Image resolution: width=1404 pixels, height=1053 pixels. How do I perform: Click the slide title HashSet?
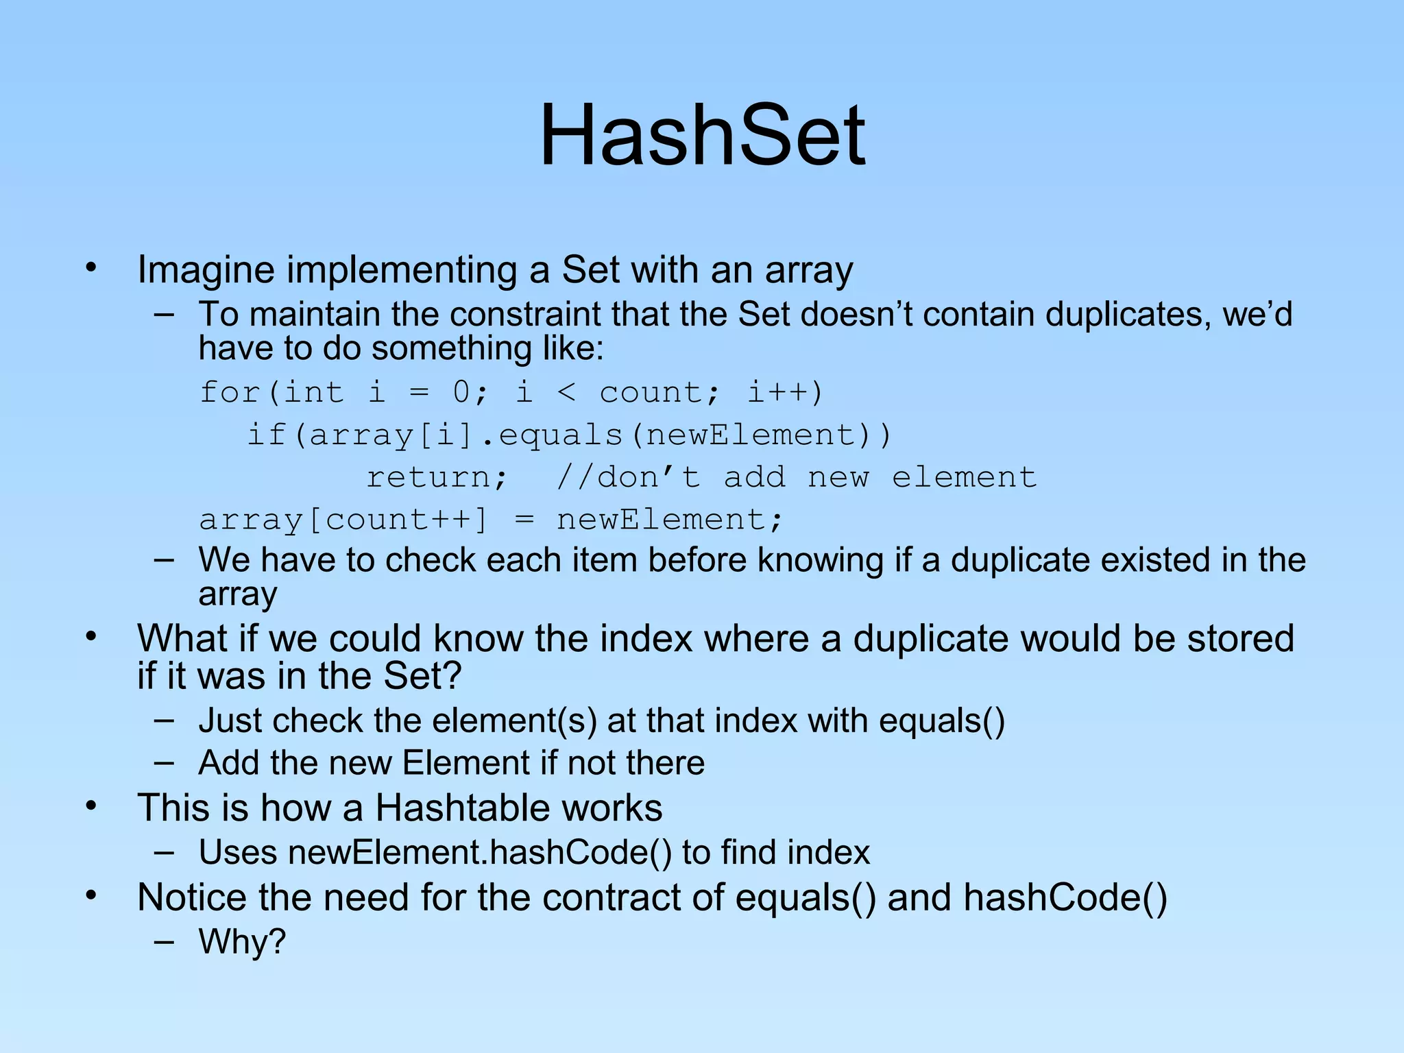(x=702, y=135)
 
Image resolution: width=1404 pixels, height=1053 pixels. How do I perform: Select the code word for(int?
(x=271, y=393)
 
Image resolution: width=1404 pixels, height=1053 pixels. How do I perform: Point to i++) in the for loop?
(x=784, y=393)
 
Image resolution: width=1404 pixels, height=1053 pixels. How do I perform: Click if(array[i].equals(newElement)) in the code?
(x=569, y=435)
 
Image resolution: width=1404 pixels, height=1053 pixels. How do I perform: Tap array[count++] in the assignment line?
(x=343, y=520)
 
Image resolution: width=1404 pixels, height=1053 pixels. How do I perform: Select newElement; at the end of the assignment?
(x=669, y=520)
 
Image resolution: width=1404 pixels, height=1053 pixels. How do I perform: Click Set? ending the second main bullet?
(x=422, y=676)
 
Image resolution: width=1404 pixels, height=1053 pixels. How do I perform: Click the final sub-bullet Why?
(x=242, y=942)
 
